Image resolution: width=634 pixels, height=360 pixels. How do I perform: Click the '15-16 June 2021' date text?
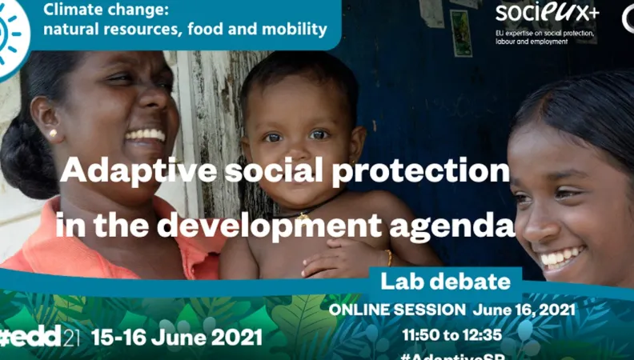tap(177, 337)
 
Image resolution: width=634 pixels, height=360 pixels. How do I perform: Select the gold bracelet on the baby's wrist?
tap(389, 258)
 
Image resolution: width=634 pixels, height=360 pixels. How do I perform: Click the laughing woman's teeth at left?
tap(146, 134)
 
